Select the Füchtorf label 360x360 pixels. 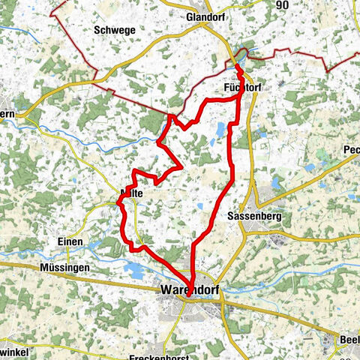[241, 88]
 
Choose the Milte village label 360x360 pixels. [132, 192]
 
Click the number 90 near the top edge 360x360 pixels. [282, 5]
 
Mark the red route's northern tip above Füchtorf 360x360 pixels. [238, 67]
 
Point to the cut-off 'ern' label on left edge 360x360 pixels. [7, 114]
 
